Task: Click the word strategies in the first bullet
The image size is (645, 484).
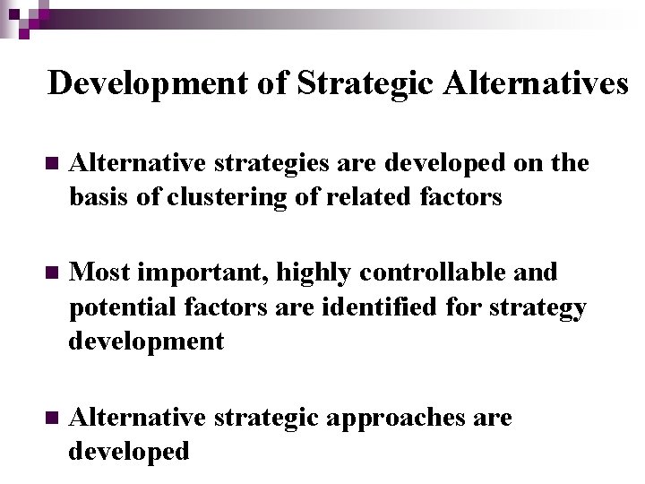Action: (261, 164)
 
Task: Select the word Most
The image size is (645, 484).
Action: (99, 272)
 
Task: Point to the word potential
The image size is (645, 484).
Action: (123, 307)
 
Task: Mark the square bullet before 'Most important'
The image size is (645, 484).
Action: (50, 272)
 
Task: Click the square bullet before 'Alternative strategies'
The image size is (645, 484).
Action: (50, 164)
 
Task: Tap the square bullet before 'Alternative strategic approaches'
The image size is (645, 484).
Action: (50, 419)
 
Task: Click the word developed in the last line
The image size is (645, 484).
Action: (129, 452)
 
